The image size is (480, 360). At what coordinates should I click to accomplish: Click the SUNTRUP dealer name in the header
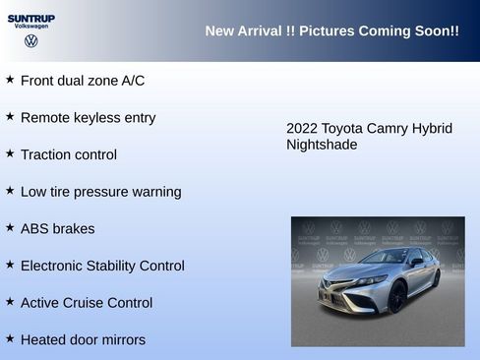click(31, 18)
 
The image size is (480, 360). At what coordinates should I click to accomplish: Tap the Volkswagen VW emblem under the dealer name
click(31, 41)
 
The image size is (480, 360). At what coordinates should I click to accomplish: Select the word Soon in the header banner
click(436, 31)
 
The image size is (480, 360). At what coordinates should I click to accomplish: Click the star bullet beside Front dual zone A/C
click(10, 80)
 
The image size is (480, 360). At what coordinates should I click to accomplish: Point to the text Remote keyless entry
click(88, 118)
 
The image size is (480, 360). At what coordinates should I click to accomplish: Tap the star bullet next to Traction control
click(10, 153)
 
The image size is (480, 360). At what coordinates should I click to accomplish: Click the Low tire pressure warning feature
click(100, 192)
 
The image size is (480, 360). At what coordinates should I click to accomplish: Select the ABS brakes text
click(57, 229)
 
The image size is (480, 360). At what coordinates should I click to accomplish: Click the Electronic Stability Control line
click(102, 266)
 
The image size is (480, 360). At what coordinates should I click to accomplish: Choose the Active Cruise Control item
click(87, 303)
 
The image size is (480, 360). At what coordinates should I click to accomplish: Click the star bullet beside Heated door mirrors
click(10, 338)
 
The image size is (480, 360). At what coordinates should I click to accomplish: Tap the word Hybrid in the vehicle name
click(432, 129)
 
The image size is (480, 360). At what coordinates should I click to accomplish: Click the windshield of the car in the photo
click(381, 258)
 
